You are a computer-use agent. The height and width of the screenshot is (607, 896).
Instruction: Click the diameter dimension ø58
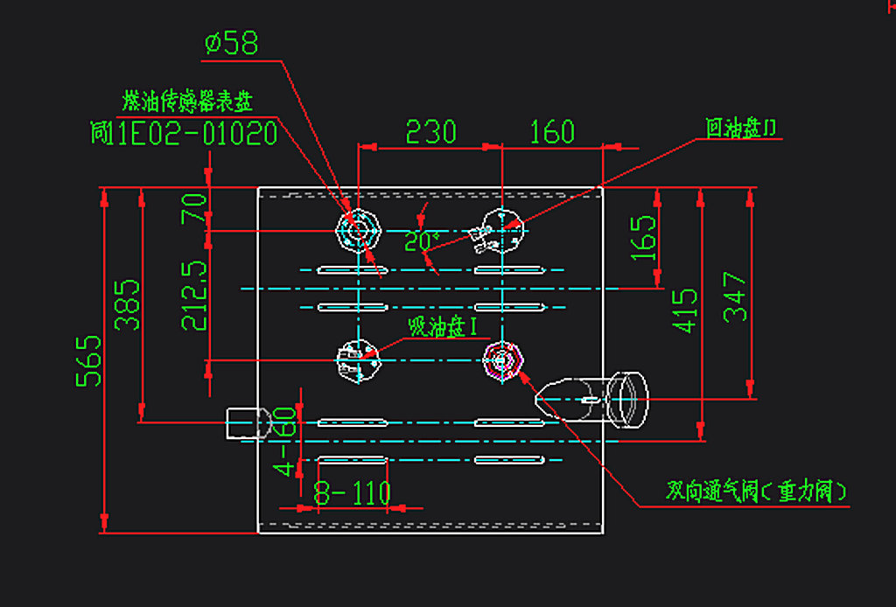(x=232, y=44)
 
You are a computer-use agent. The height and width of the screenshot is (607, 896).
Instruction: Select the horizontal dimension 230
(x=430, y=132)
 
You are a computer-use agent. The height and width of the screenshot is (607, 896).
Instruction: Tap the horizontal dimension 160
(x=552, y=132)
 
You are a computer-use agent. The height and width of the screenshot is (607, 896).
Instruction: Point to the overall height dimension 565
(x=88, y=360)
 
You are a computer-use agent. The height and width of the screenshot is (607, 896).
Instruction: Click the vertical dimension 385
(x=129, y=303)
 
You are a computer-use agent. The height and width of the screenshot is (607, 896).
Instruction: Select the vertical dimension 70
(x=194, y=210)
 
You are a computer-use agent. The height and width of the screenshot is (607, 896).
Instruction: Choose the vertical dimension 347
(x=735, y=297)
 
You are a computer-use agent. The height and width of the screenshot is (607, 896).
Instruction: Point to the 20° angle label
(x=422, y=241)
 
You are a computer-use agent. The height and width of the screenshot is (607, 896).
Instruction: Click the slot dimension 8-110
(x=352, y=494)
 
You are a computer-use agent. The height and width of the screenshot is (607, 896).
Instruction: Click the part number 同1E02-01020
(x=184, y=134)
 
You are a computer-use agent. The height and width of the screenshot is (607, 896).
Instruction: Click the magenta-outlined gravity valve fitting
(x=503, y=360)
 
